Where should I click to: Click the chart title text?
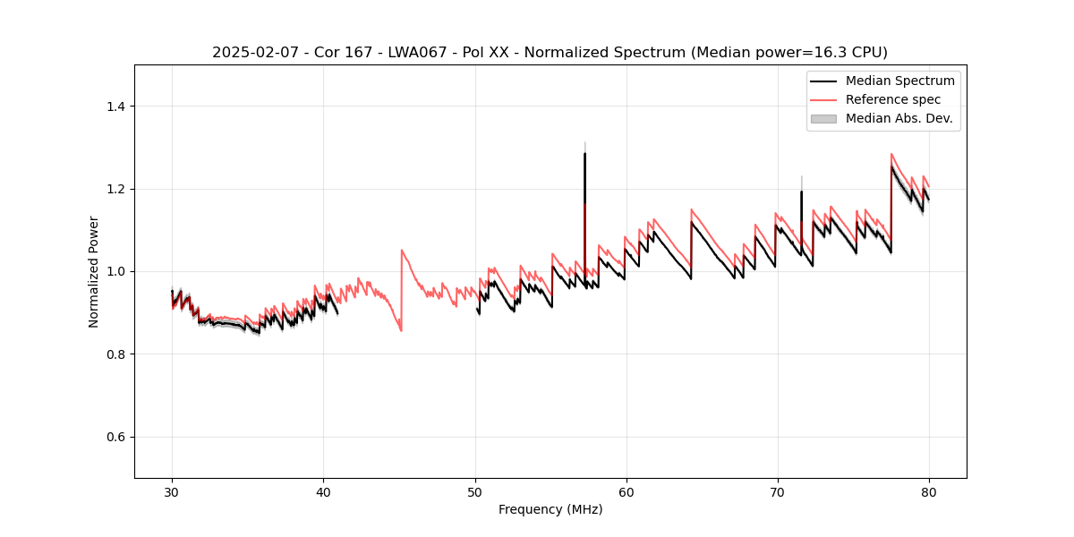[x=550, y=52]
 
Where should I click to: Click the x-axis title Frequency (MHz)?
[x=550, y=509]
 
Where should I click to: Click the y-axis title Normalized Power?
[x=93, y=271]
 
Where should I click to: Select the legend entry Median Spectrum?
[x=899, y=81]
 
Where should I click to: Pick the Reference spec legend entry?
[x=892, y=99]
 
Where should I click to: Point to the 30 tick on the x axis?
[x=172, y=491]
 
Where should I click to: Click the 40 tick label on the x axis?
[x=323, y=491]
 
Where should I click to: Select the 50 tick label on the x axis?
[x=474, y=491]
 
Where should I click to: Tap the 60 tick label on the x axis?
[x=626, y=491]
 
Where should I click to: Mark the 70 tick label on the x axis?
[x=777, y=491]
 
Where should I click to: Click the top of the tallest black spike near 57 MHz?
[x=584, y=153]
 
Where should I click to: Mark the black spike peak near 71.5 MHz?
[x=801, y=192]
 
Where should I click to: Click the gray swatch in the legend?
[x=823, y=118]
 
